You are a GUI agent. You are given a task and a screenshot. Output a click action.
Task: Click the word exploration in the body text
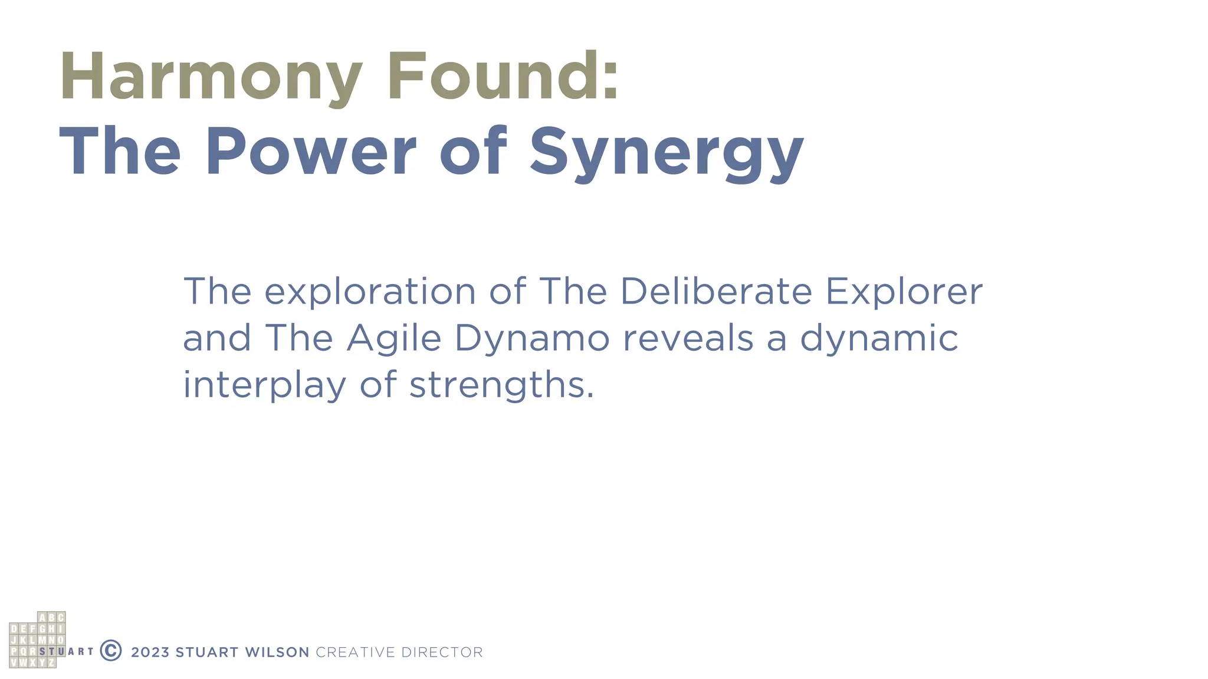370,291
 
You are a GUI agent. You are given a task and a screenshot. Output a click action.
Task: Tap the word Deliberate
716,291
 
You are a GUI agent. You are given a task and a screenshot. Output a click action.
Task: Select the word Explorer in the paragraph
904,291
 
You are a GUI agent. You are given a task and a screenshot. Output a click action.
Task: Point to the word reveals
688,338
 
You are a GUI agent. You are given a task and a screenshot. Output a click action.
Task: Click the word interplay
264,385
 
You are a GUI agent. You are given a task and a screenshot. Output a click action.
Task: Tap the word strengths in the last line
501,385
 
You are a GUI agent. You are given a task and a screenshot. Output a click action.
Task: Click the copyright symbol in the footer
111,650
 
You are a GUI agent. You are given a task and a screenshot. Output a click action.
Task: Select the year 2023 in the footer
150,652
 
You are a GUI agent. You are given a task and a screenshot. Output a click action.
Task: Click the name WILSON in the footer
277,652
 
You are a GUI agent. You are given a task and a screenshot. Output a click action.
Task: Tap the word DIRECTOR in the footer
442,652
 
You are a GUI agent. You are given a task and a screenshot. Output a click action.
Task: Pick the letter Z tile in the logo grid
51,662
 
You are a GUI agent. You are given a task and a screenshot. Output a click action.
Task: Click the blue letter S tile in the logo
42,651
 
